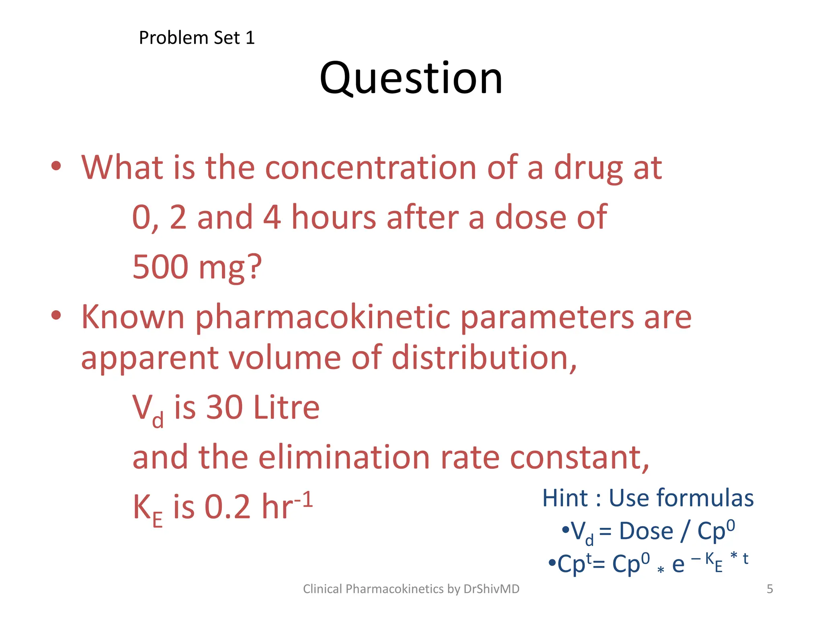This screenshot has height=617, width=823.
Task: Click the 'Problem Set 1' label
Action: [x=197, y=38]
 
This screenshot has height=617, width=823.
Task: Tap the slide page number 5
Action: [x=770, y=589]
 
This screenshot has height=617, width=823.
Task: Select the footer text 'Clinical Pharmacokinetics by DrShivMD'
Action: [x=411, y=589]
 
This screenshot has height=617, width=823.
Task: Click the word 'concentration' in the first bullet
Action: [x=371, y=168]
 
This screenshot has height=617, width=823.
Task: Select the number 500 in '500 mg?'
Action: [x=160, y=267]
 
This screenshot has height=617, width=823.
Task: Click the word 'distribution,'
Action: [x=484, y=358]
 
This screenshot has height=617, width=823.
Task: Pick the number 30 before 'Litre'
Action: [x=224, y=407]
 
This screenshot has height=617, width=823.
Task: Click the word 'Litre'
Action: [x=287, y=407]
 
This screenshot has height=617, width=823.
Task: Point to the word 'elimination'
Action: [x=344, y=458]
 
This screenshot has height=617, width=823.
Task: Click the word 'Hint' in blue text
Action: [x=565, y=499]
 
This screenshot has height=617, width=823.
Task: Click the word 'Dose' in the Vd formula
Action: [x=646, y=531]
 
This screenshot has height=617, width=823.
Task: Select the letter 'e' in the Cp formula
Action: [x=678, y=565]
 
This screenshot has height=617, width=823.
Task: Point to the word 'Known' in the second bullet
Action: [x=133, y=317]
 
